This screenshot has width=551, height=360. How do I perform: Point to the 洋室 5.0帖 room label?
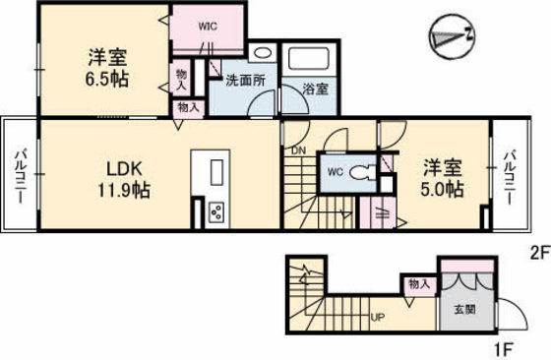click(443, 177)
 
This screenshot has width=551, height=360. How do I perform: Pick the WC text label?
click(335, 171)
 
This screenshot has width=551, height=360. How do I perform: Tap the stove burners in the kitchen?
click(217, 211)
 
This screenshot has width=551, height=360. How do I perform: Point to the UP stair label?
click(377, 317)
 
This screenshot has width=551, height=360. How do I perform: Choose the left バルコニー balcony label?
click(20, 176)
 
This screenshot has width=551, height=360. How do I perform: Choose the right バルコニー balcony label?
click(512, 176)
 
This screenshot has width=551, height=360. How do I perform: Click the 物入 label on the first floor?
click(419, 284)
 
